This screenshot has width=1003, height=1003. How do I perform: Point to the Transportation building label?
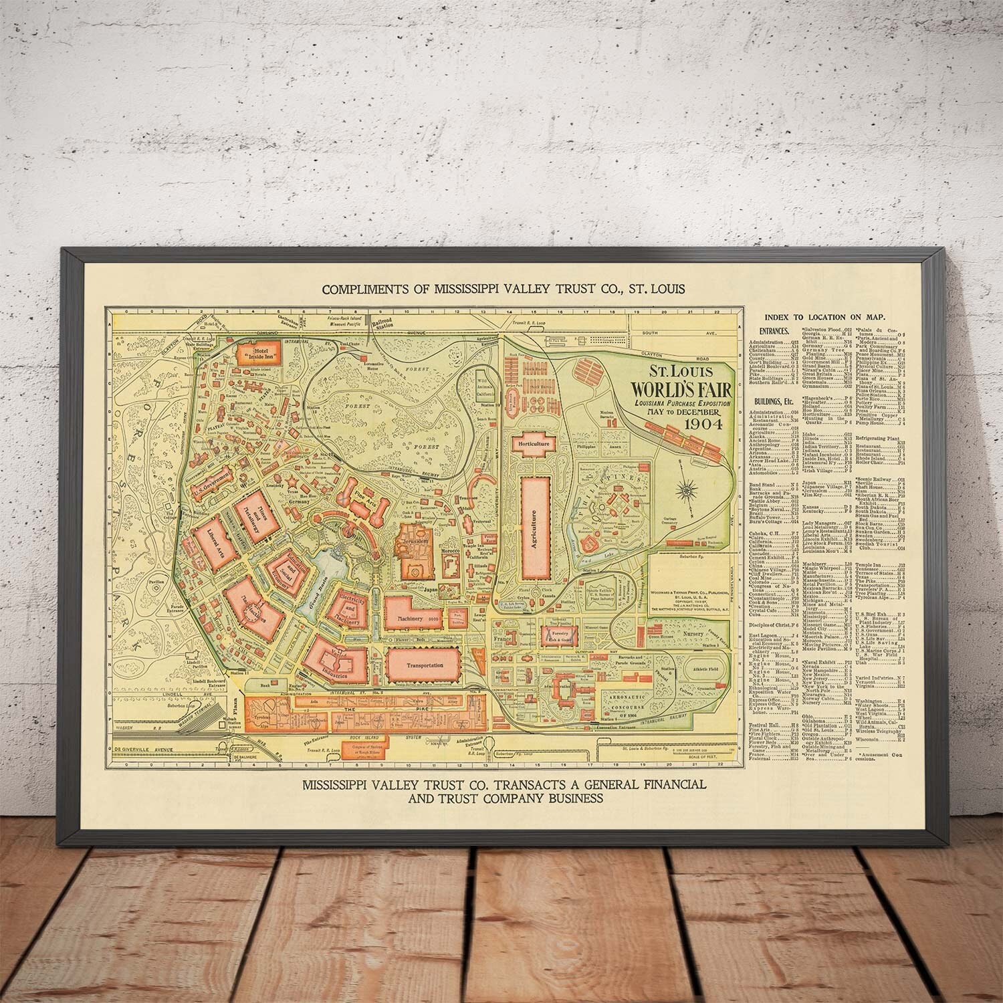click(x=424, y=665)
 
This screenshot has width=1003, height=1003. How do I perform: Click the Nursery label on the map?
click(x=692, y=631)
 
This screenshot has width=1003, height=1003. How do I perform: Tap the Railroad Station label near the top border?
click(x=384, y=324)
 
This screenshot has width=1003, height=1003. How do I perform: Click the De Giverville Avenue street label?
click(x=143, y=749)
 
